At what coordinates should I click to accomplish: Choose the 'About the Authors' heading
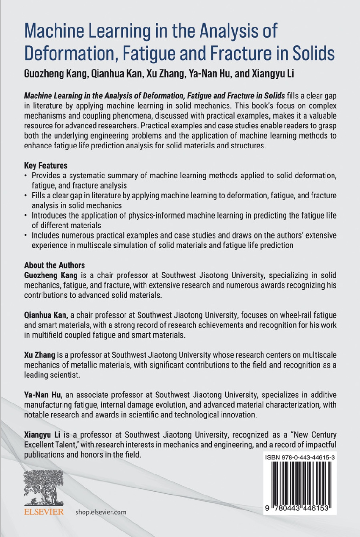[x=54, y=266]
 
